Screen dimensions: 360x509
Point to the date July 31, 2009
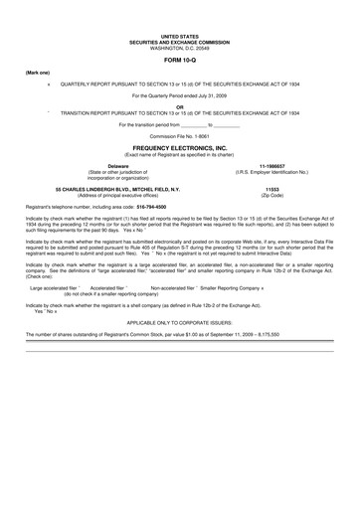[x=207, y=95]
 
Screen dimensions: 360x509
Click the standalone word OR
[x=179, y=107]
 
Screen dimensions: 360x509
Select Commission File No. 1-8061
[x=179, y=136]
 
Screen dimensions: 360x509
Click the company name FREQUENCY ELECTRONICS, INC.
[x=179, y=147]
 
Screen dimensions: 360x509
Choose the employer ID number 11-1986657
[x=271, y=165]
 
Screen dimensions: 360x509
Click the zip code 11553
[x=271, y=188]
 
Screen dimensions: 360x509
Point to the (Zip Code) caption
[x=271, y=194]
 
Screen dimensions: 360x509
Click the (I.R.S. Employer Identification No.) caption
[x=271, y=171]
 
